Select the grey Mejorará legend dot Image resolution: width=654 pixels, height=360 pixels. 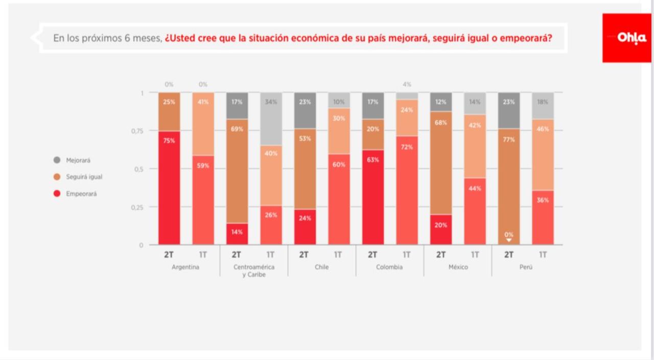pyautogui.click(x=57, y=160)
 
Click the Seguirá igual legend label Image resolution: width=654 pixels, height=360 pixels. pyautogui.click(x=84, y=177)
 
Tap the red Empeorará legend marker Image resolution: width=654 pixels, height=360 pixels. pyautogui.click(x=57, y=194)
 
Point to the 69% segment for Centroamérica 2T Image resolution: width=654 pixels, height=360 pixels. pyautogui.click(x=237, y=171)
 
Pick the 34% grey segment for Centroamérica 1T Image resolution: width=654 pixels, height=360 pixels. pyautogui.click(x=271, y=118)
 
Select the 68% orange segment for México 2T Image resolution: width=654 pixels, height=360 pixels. pyautogui.click(x=441, y=163)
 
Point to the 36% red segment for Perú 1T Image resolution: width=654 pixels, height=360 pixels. pyautogui.click(x=543, y=218)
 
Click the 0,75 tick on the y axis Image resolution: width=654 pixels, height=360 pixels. pyautogui.click(x=136, y=131)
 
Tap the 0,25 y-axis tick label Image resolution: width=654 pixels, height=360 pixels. pyautogui.click(x=136, y=207)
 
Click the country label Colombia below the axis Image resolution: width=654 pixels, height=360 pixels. pyautogui.click(x=389, y=267)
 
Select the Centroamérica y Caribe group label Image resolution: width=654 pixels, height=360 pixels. pyautogui.click(x=254, y=271)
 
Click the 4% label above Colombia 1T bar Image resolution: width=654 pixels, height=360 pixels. pyautogui.click(x=407, y=84)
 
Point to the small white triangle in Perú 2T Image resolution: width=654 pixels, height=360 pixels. pyautogui.click(x=509, y=240)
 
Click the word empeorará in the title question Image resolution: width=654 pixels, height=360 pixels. pyautogui.click(x=526, y=38)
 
